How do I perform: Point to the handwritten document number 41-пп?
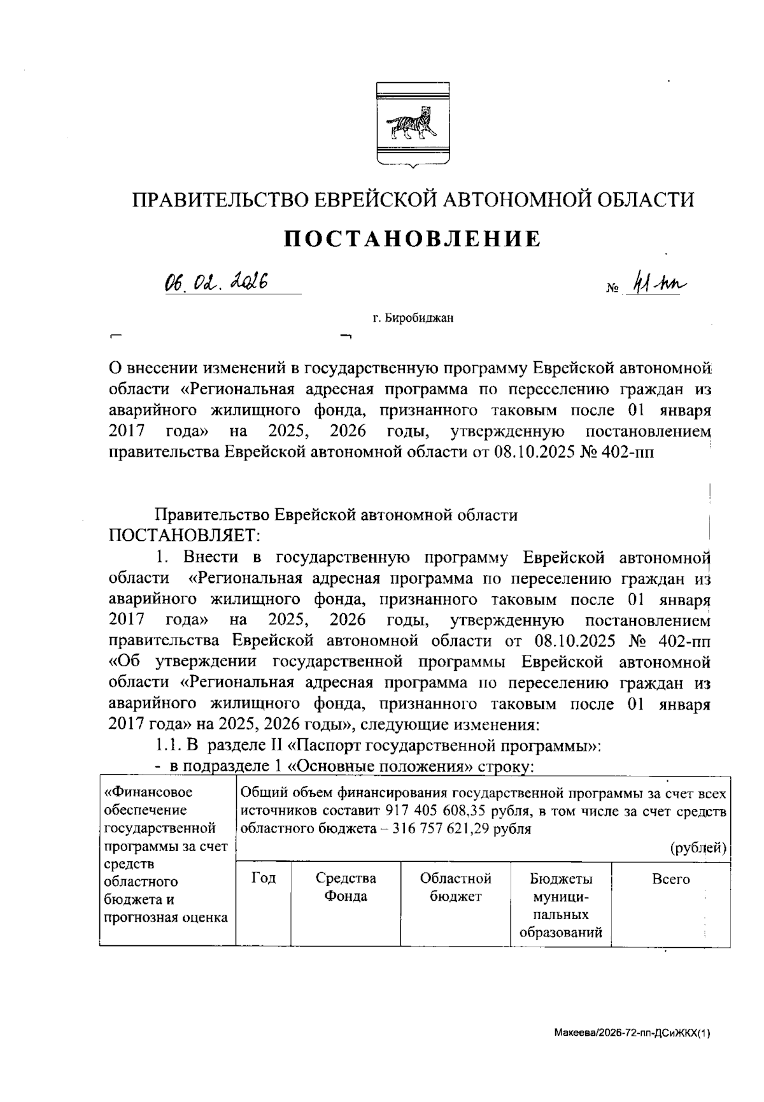[x=656, y=285]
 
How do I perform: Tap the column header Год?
[x=263, y=878]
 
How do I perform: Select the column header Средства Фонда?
[x=346, y=887]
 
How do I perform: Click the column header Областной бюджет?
[x=455, y=887]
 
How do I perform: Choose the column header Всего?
[x=670, y=879]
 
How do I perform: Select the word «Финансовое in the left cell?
[x=148, y=792]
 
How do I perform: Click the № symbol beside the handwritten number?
[x=612, y=289]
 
